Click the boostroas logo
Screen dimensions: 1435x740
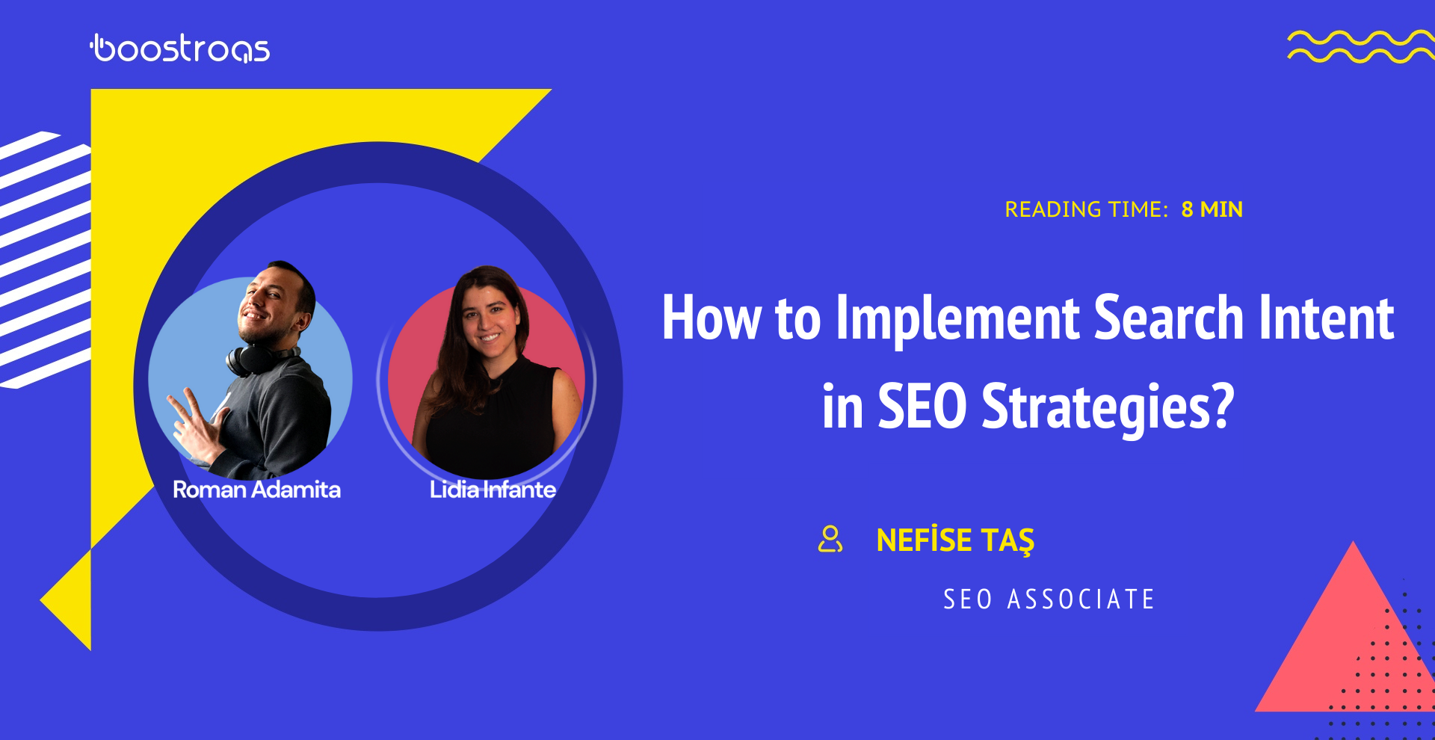click(180, 49)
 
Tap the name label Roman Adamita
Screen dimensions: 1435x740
click(256, 490)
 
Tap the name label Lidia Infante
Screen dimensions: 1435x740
click(493, 490)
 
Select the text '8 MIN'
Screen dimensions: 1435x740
click(1212, 209)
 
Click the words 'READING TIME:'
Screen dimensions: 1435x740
click(1086, 209)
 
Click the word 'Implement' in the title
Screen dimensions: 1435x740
click(957, 318)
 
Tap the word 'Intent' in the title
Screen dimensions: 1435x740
click(1327, 318)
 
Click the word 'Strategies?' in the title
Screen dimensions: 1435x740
click(1108, 407)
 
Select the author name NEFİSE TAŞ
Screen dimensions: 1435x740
click(955, 540)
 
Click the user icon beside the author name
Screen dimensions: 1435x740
click(830, 539)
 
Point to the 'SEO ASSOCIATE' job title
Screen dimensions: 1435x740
click(1049, 599)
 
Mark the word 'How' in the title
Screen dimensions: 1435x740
click(712, 318)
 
